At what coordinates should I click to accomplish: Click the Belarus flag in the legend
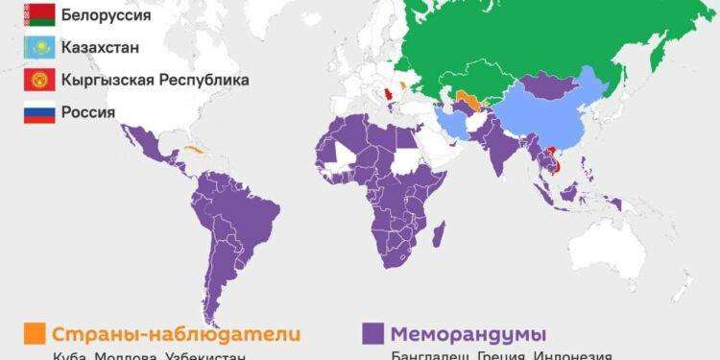tap(40, 13)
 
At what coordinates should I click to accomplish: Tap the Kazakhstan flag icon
tap(40, 46)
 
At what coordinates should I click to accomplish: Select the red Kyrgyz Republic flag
tap(40, 79)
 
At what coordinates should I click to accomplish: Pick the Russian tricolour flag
tap(40, 112)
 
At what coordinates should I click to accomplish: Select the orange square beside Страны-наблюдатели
tap(34, 333)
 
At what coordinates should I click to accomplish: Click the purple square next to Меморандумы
tap(372, 333)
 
